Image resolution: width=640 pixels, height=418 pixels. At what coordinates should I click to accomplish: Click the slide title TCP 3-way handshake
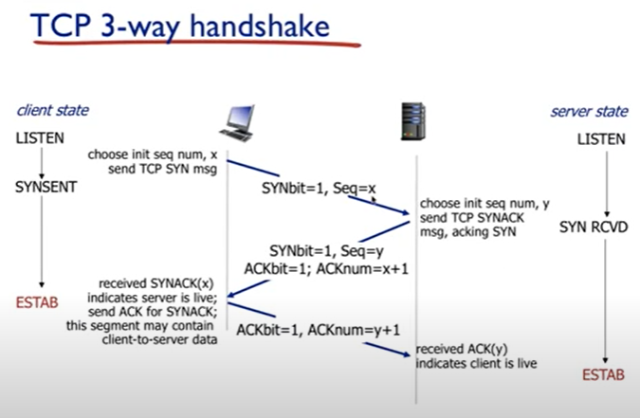pyautogui.click(x=180, y=25)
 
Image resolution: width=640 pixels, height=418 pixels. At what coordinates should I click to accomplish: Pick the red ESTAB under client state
pyautogui.click(x=37, y=304)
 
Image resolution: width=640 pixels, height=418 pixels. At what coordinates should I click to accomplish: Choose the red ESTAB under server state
pyautogui.click(x=603, y=375)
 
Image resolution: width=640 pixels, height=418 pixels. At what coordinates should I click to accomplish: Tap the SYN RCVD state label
pyautogui.click(x=593, y=227)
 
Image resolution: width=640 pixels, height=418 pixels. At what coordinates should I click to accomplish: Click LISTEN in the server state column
pyautogui.click(x=602, y=139)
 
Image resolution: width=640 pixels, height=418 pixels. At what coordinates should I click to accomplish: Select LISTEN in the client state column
pyautogui.click(x=40, y=138)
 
